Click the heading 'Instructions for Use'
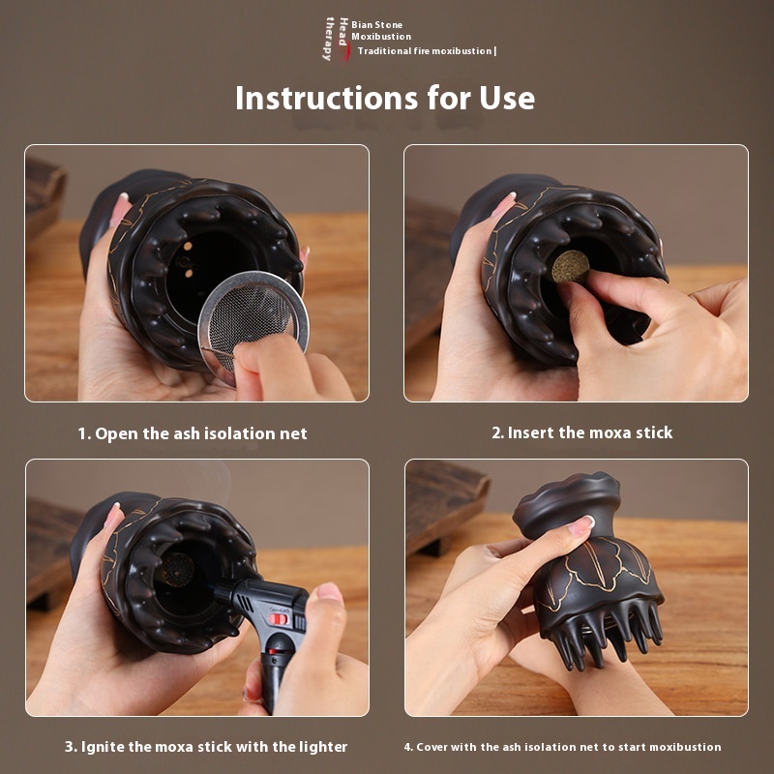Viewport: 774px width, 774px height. [x=384, y=98]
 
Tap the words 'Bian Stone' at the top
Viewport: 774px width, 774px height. [x=376, y=25]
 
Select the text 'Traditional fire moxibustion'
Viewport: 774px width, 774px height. [x=425, y=51]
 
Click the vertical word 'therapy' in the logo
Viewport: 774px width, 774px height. [x=329, y=39]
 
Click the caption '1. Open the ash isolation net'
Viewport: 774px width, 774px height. [x=193, y=433]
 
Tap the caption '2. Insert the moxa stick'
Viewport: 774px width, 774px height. [x=582, y=432]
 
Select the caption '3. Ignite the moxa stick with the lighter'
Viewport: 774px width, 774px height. [x=206, y=746]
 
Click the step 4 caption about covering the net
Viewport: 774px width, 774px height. [x=562, y=747]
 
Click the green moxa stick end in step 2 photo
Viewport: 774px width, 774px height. [x=570, y=267]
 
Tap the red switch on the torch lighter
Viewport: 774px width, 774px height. [x=279, y=618]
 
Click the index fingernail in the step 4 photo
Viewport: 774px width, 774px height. [x=581, y=525]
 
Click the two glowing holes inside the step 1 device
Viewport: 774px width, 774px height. [x=188, y=259]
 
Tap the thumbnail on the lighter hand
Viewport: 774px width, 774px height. [x=330, y=591]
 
